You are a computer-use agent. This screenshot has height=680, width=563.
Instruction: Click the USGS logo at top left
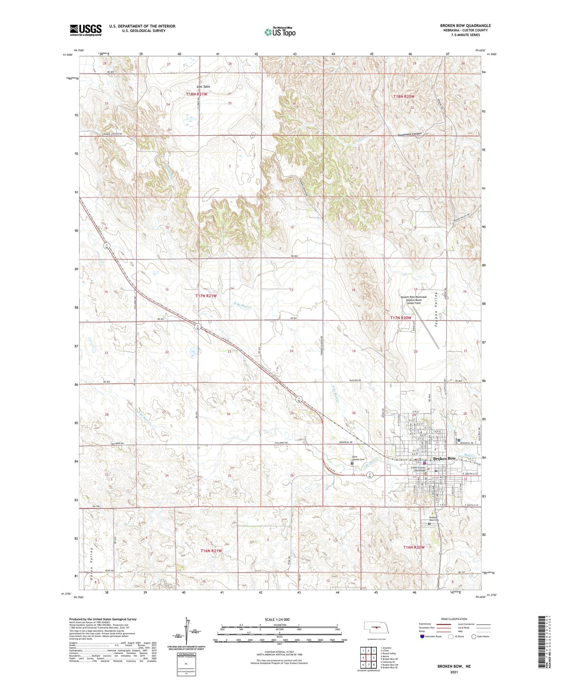pyautogui.click(x=85, y=30)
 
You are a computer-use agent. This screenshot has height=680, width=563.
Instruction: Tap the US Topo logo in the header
pyautogui.click(x=280, y=32)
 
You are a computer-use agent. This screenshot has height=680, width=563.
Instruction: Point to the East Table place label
pyautogui.click(x=203, y=86)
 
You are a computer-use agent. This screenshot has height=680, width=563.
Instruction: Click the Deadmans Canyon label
pyautogui.click(x=405, y=134)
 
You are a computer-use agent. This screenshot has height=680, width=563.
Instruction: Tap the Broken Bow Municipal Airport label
pyautogui.click(x=414, y=299)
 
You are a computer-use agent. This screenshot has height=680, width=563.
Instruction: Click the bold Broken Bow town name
pyautogui.click(x=444, y=458)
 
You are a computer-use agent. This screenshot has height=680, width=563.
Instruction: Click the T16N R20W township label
pyautogui.click(x=413, y=547)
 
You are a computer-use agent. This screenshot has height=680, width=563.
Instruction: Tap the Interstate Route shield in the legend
pyautogui.click(x=422, y=636)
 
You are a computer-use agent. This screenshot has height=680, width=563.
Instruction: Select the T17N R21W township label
pyautogui.click(x=205, y=296)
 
